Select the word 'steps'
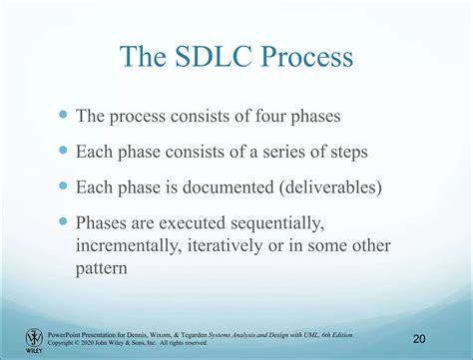355,153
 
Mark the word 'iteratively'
240,245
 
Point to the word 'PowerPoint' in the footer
71,334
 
